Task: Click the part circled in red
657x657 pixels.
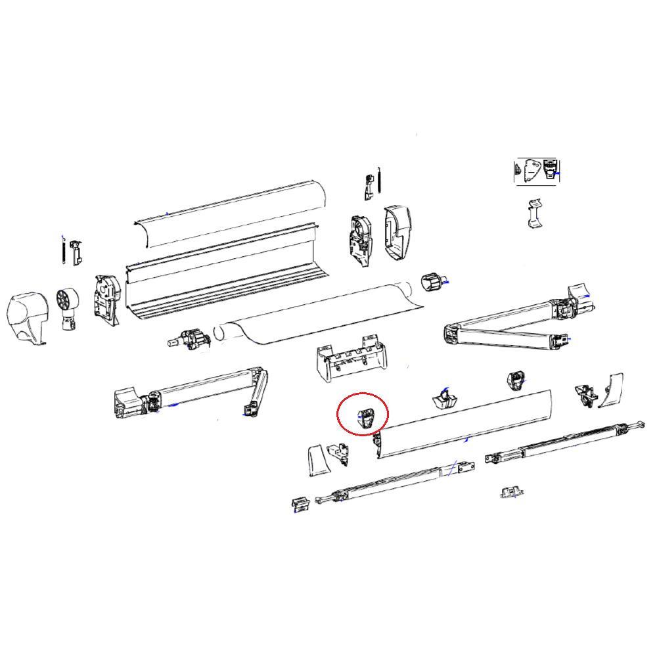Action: [365, 418]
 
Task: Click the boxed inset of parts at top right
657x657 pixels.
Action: [537, 171]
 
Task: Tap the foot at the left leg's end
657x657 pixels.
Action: [300, 504]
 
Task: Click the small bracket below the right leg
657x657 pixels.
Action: [511, 491]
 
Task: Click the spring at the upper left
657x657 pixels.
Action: [63, 251]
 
